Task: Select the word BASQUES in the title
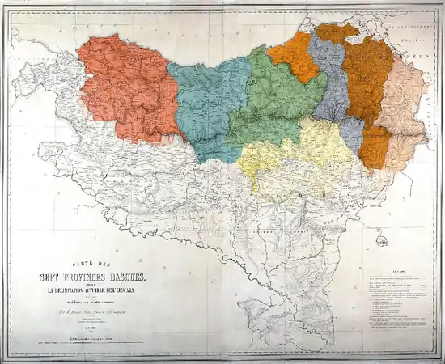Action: (x=133, y=277)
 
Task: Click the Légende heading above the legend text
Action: (x=397, y=271)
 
